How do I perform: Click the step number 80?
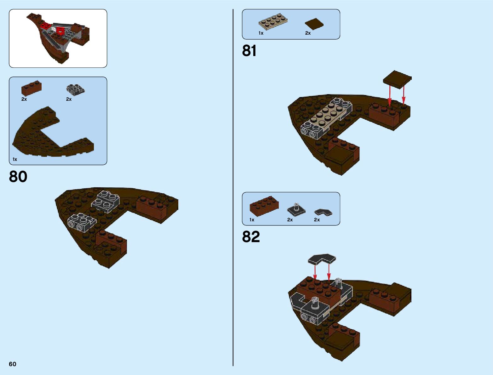pos(18,177)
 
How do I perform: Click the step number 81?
pos(249,51)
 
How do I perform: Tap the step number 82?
pos(251,237)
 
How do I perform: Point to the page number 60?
pos(13,364)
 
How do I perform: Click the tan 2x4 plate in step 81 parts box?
pos(273,21)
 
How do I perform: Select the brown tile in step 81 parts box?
pos(314,24)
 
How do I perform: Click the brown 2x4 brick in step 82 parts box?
pos(264,206)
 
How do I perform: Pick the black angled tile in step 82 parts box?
pos(323,213)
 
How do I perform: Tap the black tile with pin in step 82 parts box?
pos(296,209)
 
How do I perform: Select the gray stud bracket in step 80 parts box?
pos(75,89)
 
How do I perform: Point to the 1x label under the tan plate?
pos(261,33)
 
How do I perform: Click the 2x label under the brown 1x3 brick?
pos(24,99)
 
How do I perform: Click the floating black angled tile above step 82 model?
pos(322,259)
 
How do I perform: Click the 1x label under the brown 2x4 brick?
pos(252,220)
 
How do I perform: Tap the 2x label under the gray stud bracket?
pos(69,99)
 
